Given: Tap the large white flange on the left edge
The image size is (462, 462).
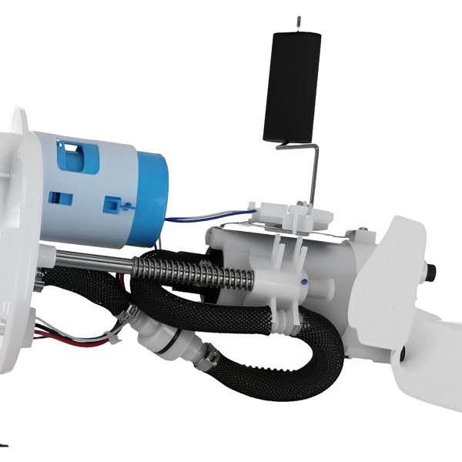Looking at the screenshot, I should coord(19,231).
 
